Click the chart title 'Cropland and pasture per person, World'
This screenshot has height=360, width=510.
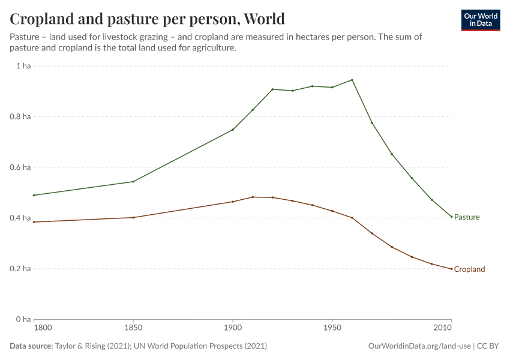tap(147, 19)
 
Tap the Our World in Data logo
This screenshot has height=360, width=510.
tap(480, 20)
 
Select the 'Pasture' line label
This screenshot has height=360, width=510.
tap(467, 217)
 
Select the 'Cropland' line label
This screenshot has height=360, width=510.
tap(469, 269)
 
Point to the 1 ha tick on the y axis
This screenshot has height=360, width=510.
tap(23, 66)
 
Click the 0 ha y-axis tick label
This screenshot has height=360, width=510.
tap(23, 319)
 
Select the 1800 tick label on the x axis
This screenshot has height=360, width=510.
tap(43, 328)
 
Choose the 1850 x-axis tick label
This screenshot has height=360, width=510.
tap(133, 328)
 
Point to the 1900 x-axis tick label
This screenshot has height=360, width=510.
tap(233, 328)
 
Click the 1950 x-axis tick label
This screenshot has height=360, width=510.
tap(332, 328)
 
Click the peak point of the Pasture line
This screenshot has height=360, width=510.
tap(352, 80)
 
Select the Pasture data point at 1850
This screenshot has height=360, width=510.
tap(133, 182)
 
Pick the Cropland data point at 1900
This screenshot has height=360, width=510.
tap(233, 202)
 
